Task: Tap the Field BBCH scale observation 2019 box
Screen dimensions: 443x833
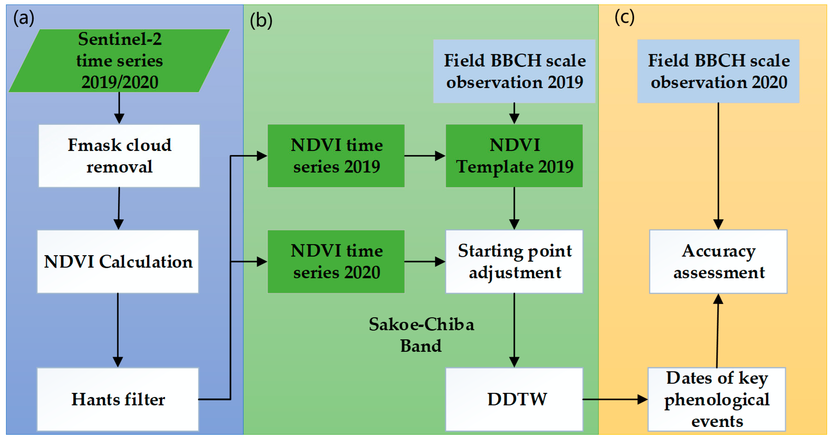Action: [514, 71]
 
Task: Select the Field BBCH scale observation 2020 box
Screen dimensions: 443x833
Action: [718, 71]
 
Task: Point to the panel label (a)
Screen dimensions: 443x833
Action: [24, 18]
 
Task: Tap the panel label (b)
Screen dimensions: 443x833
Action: [261, 20]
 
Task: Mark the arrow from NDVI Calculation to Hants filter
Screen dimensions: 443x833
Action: [118, 330]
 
